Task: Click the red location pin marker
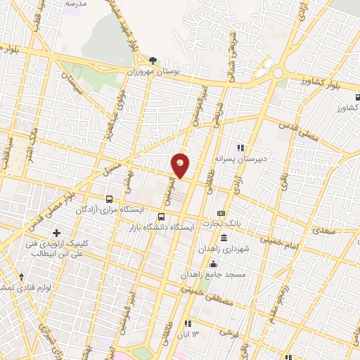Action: point(181,165)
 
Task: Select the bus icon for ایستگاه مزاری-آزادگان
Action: point(108,199)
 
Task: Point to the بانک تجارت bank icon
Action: point(221,213)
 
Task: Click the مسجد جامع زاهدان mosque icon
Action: point(214,263)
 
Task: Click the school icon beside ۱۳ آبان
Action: point(187,323)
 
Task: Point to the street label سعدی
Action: point(324,231)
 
